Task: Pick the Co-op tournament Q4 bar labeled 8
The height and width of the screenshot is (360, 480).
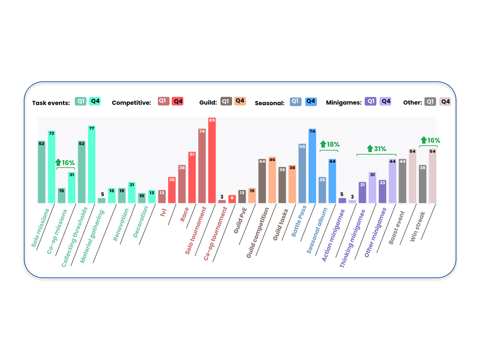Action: [232, 199]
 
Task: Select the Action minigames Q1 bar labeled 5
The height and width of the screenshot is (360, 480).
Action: [342, 200]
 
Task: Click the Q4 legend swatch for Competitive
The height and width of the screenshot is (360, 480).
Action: [178, 101]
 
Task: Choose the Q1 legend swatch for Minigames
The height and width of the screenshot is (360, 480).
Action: [370, 101]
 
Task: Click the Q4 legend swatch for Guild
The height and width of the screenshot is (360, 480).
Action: [240, 101]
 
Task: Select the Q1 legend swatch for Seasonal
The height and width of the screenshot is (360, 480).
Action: [295, 102]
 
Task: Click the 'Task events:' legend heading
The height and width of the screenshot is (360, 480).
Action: [51, 103]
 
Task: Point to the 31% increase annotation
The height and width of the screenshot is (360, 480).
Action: [377, 149]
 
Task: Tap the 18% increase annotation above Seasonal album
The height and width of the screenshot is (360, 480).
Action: [330, 145]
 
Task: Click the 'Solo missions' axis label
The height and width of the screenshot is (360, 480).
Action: [40, 228]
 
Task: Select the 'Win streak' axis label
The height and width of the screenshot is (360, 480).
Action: [418, 226]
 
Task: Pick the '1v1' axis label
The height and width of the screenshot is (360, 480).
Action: [163, 212]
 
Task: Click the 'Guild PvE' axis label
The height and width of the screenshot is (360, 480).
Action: [240, 220]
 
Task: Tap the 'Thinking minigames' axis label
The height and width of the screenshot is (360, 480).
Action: [352, 238]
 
